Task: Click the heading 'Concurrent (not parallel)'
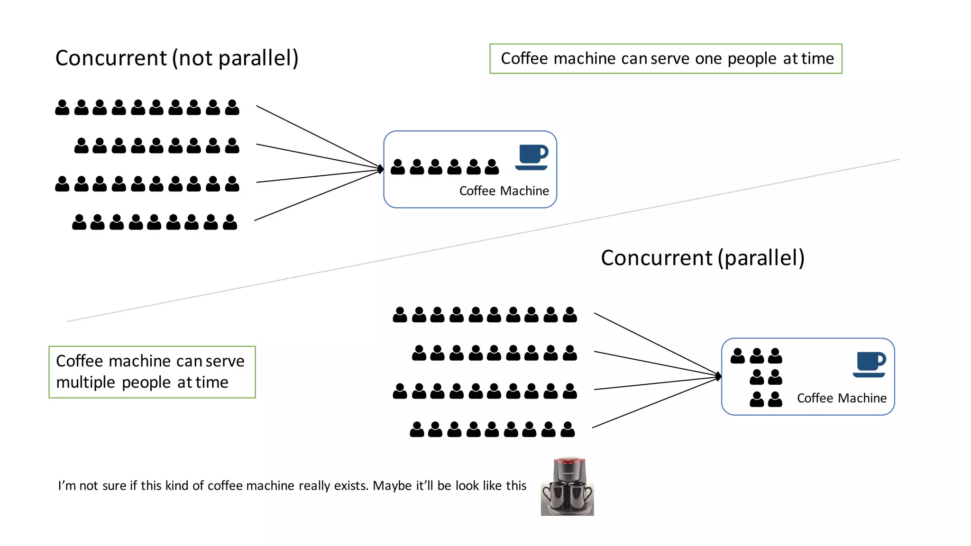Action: pyautogui.click(x=176, y=58)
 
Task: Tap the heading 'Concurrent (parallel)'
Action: pyautogui.click(x=702, y=258)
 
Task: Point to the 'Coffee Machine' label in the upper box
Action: pyautogui.click(x=504, y=191)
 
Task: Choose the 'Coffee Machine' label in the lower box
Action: pyautogui.click(x=841, y=398)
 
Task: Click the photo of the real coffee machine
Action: pyautogui.click(x=567, y=487)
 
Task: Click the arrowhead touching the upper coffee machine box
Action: pyautogui.click(x=381, y=169)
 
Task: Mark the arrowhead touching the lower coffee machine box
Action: pyautogui.click(x=719, y=377)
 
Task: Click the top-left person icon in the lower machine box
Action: pyautogui.click(x=738, y=356)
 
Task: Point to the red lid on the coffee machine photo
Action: pyautogui.click(x=569, y=460)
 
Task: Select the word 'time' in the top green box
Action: pyautogui.click(x=817, y=59)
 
